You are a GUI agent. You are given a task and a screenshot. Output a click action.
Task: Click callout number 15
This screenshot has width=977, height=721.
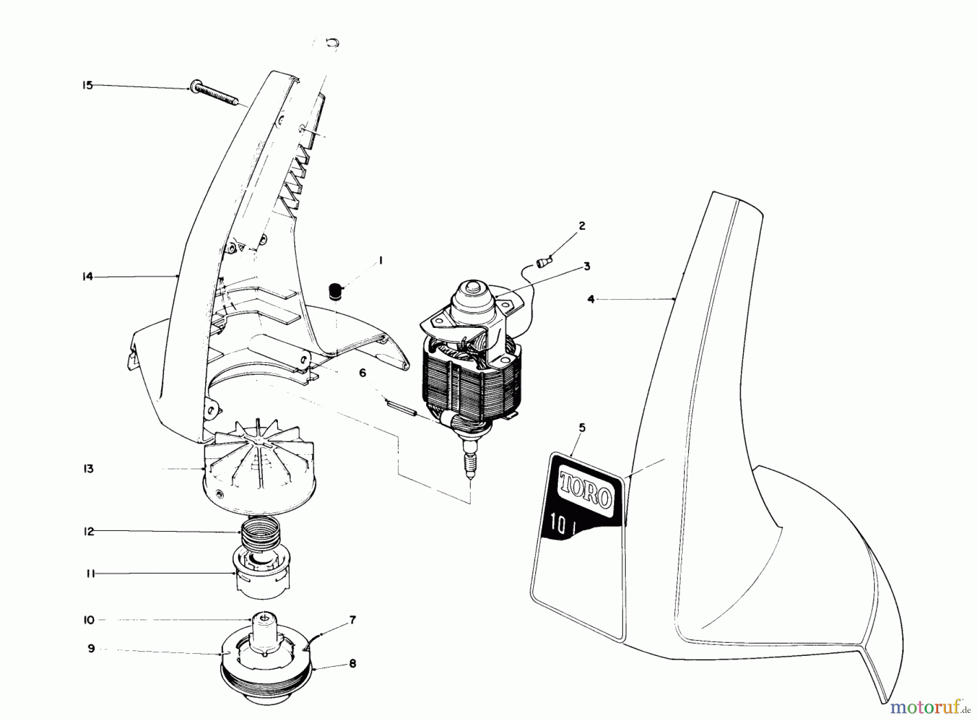pyautogui.click(x=88, y=85)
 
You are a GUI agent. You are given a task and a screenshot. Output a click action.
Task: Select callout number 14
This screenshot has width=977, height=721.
pyautogui.click(x=87, y=277)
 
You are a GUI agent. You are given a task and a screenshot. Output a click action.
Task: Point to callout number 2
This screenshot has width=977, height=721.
pyautogui.click(x=582, y=226)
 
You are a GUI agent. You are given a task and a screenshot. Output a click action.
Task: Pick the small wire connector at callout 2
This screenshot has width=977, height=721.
pyautogui.click(x=542, y=263)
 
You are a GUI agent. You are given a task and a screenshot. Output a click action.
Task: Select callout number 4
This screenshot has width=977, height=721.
pyautogui.click(x=591, y=299)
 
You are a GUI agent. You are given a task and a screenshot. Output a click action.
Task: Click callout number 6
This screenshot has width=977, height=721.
pyautogui.click(x=363, y=372)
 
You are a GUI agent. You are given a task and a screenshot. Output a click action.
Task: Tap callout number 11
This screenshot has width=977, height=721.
pyautogui.click(x=90, y=573)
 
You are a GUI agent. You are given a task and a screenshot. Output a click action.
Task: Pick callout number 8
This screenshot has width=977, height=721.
pyautogui.click(x=352, y=663)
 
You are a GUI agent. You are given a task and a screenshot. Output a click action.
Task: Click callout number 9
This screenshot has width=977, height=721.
pyautogui.click(x=91, y=648)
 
